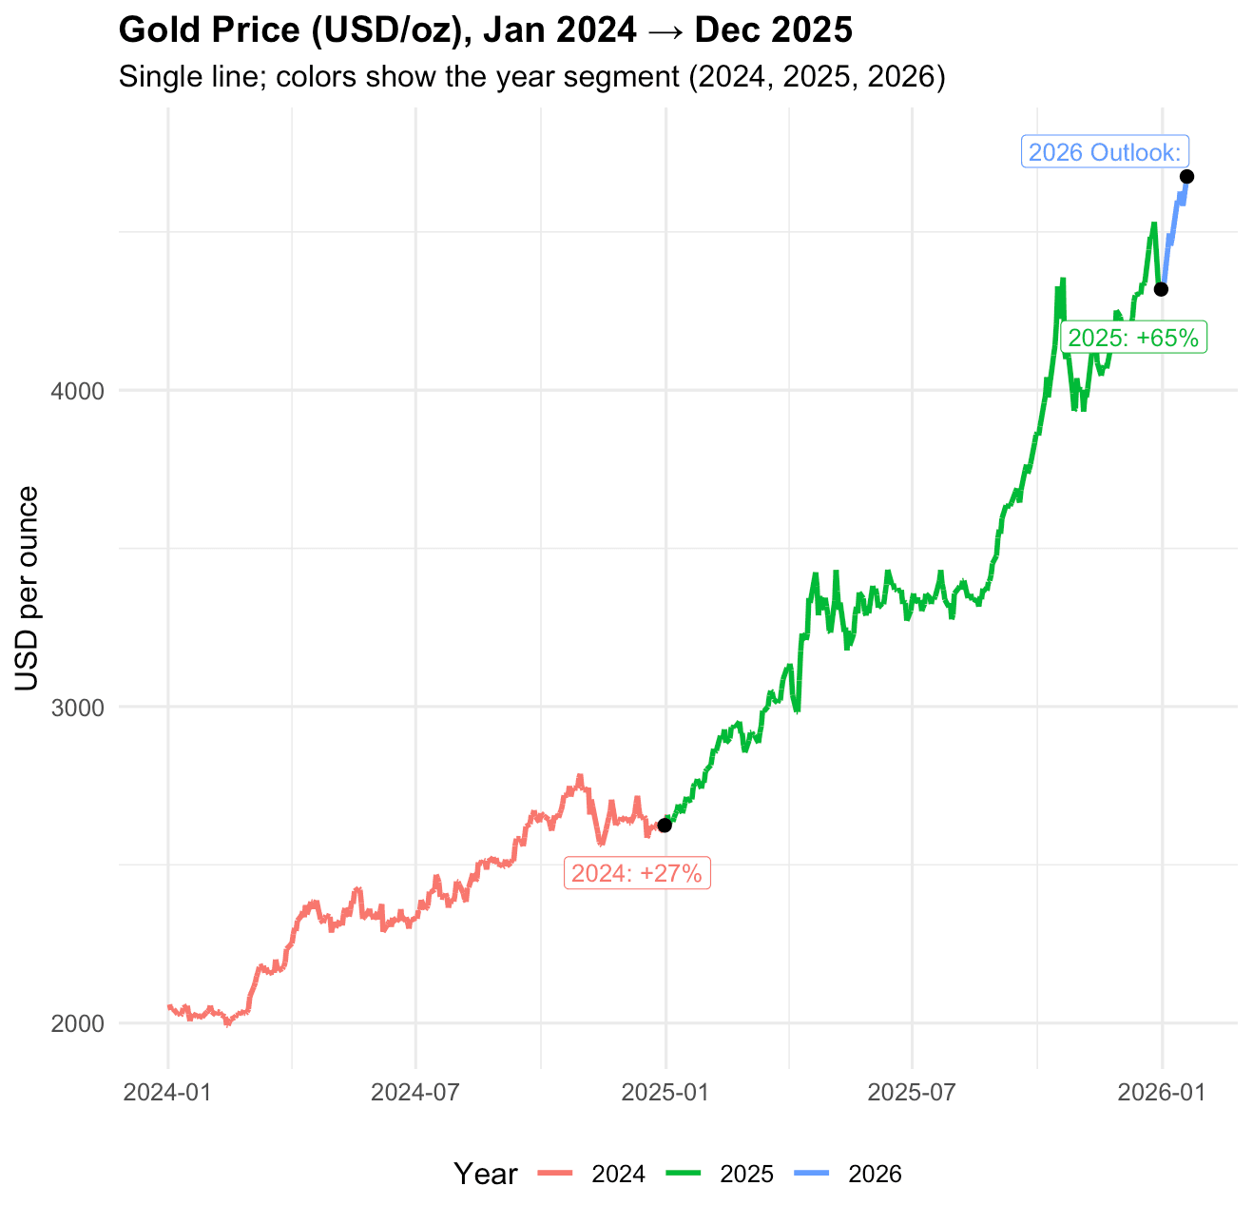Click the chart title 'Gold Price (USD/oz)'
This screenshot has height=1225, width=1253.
(x=485, y=30)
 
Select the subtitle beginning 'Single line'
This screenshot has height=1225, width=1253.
(x=531, y=77)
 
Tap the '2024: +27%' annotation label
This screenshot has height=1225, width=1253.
(x=637, y=872)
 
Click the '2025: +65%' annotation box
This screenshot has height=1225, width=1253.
(x=1133, y=338)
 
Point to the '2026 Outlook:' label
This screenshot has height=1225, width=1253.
(x=1105, y=152)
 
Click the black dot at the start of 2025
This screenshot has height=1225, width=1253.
(x=665, y=825)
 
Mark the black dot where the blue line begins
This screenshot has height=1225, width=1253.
(x=1161, y=289)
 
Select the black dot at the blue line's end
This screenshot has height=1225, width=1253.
(x=1186, y=176)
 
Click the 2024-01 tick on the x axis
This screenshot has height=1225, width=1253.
(x=168, y=1092)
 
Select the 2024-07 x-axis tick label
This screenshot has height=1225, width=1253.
(x=415, y=1092)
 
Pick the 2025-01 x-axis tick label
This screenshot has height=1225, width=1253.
(x=665, y=1092)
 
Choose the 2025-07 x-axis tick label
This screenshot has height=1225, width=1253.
(x=912, y=1092)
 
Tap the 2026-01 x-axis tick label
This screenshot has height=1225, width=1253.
(x=1161, y=1092)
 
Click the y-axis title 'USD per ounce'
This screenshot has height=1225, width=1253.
(x=28, y=589)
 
